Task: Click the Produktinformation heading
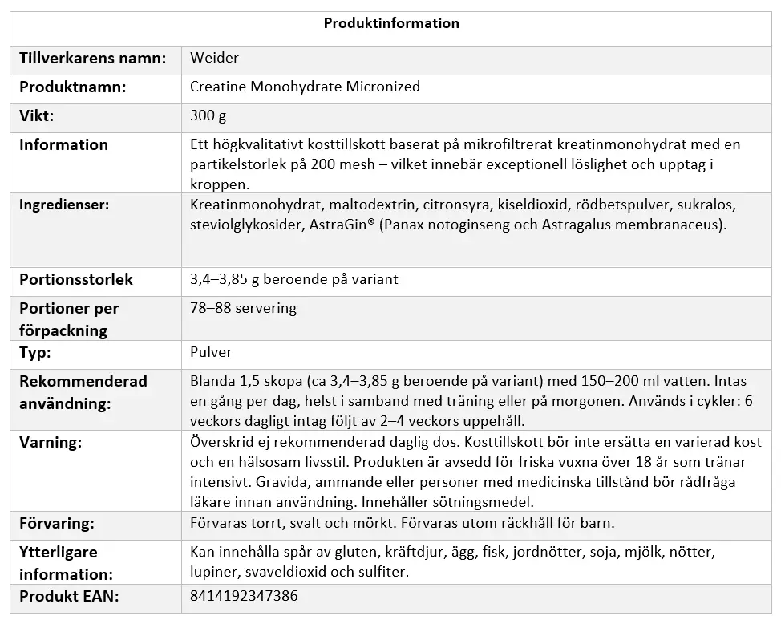click(391, 23)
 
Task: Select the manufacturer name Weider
click(215, 58)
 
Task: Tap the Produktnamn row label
click(73, 87)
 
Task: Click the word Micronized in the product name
click(383, 87)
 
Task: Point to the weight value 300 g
click(208, 115)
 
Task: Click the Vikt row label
click(37, 115)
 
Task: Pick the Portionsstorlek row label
click(76, 280)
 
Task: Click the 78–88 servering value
click(244, 308)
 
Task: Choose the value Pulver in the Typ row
click(212, 352)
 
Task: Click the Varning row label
click(51, 442)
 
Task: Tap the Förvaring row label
click(57, 524)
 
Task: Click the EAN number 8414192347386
click(244, 597)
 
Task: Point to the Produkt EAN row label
click(69, 597)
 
